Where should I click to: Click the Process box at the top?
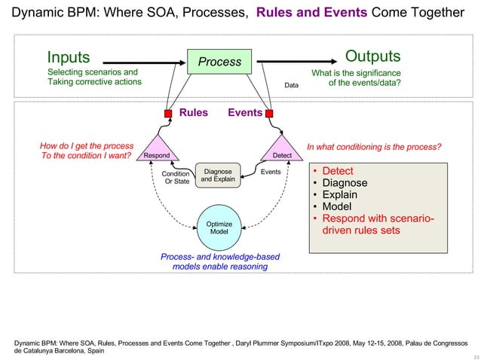pos(219,62)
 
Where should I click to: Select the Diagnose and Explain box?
pos(218,175)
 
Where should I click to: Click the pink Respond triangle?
pos(156,149)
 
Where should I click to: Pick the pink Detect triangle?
pos(281,149)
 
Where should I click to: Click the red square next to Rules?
pos(168,114)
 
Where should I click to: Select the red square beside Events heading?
pos(269,114)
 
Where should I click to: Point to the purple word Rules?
pos(193,113)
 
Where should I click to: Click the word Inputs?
pos(69,57)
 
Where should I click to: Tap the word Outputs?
pos(372,57)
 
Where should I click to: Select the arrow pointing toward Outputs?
pos(294,62)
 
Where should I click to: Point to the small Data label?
pos(291,86)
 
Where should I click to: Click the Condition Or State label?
pos(176,177)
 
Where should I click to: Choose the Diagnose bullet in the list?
pos(345,183)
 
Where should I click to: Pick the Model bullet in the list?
pos(337,207)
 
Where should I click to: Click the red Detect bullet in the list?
pos(338,171)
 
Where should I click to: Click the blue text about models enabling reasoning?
pos(219,261)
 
